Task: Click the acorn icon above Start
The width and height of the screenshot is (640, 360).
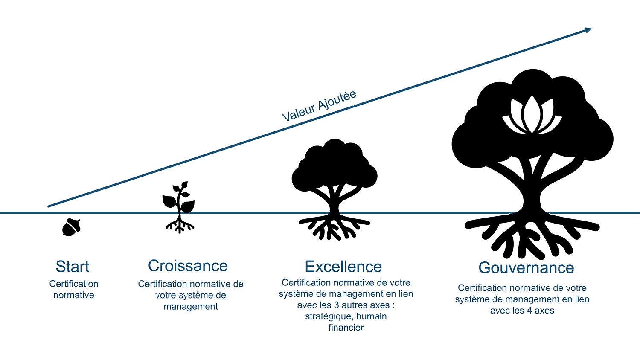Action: point(71,227)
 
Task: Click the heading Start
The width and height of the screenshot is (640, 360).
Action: point(73,267)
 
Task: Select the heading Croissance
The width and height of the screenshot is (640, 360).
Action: point(188,266)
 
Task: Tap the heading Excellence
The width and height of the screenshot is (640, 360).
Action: point(343,267)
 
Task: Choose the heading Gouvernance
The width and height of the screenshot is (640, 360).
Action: point(526,268)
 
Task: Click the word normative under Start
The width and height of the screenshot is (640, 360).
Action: point(74,295)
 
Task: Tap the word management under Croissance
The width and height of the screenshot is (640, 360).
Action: point(191,307)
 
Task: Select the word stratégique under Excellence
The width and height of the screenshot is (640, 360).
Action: point(329,316)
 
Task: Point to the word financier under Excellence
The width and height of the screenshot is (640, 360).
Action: point(346,328)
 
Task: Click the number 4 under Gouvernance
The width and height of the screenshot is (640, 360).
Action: point(529,311)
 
